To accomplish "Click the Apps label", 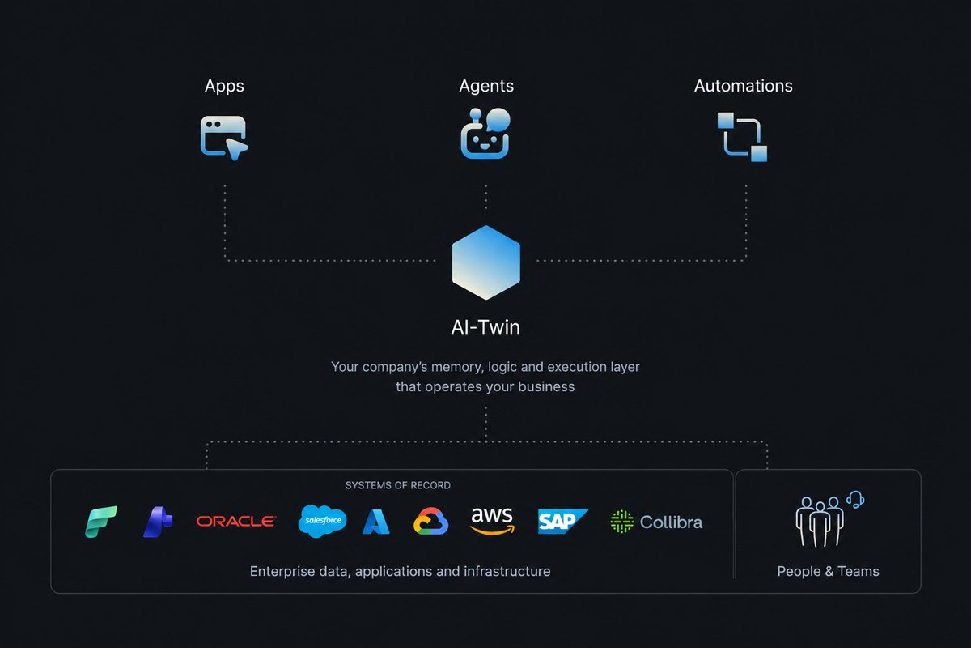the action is click(224, 86).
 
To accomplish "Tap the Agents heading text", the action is click(486, 86).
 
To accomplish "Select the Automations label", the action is click(744, 86).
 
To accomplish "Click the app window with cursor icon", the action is click(224, 138).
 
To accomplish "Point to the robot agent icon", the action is click(485, 134).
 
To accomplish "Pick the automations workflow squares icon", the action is click(742, 137).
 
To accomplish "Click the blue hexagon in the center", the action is click(486, 262).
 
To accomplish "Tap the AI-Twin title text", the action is click(485, 327).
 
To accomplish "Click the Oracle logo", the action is click(236, 521).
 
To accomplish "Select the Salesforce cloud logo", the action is click(323, 521).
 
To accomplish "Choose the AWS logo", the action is click(492, 521).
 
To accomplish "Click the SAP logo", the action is click(562, 521).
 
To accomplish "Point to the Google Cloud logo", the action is click(430, 521).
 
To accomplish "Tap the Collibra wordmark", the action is click(671, 522).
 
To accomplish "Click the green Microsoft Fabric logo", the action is click(101, 522).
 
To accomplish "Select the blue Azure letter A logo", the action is click(375, 522).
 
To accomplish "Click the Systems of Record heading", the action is click(398, 485).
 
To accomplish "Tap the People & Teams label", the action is click(828, 571).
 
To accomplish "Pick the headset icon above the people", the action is click(855, 500).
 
